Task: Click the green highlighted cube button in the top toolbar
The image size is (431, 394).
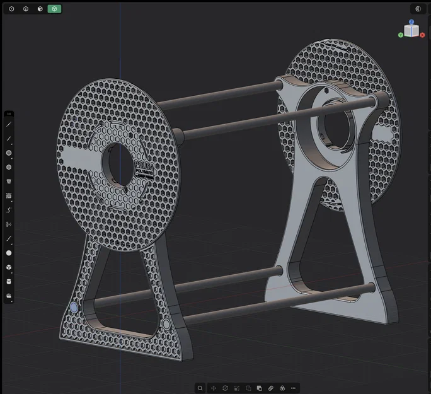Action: coord(54,9)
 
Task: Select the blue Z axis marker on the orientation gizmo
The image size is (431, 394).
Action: coord(411,22)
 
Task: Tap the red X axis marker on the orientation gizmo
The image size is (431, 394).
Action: coord(422,35)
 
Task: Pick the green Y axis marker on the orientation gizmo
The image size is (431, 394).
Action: coord(401,35)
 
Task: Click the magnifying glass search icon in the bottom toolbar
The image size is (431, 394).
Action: coord(200,388)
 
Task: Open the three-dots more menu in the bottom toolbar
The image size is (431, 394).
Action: coord(293,388)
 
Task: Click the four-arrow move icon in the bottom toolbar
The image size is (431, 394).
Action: coord(214,388)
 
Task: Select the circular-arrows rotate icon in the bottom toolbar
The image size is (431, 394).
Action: coord(225,388)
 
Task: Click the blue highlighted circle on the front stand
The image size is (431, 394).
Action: coord(74,307)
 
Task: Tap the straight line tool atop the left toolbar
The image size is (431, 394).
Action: coord(9,124)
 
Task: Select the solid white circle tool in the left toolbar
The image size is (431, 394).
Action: coord(9,253)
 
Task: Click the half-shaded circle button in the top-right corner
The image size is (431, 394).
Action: coord(418,9)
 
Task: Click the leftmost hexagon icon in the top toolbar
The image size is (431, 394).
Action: coord(11,9)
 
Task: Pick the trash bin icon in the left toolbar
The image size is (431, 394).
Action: coord(9,181)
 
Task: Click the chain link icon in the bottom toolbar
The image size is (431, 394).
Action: coord(271,388)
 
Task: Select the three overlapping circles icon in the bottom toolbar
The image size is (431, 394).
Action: coord(282,388)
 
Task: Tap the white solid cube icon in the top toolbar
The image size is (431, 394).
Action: coord(40,9)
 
